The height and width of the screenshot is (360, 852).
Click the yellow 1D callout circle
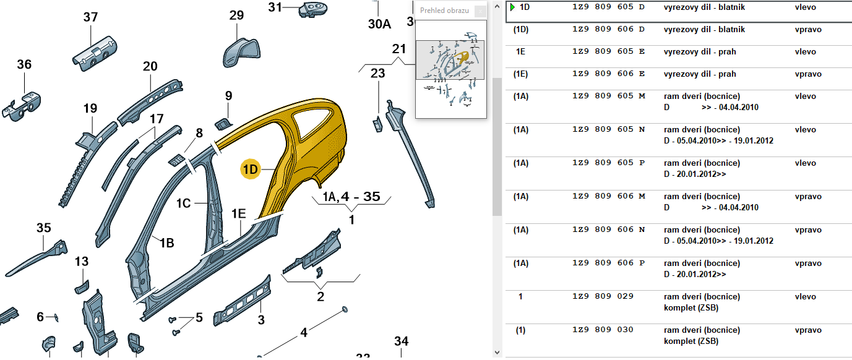(251, 168)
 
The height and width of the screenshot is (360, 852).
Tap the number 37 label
(91, 17)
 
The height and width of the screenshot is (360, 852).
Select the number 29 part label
(237, 15)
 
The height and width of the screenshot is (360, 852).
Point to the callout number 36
(24, 64)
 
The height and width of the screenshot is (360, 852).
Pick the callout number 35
(43, 228)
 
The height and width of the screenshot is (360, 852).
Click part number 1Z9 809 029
(603, 296)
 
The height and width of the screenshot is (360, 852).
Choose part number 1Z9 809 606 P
(609, 263)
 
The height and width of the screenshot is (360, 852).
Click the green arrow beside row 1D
(512, 7)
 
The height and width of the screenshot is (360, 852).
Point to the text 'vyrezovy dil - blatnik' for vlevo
(704, 7)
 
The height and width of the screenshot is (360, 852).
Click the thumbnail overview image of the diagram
(450, 68)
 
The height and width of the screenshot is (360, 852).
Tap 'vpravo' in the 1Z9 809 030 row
(808, 330)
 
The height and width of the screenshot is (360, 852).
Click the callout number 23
(377, 73)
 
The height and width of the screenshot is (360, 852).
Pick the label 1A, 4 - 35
(351, 197)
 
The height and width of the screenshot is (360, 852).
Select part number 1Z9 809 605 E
(609, 51)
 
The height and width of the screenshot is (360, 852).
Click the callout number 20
(150, 66)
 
